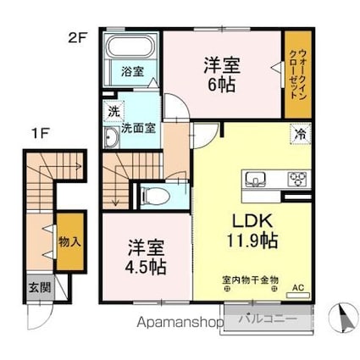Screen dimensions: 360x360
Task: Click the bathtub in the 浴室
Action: [x=130, y=47]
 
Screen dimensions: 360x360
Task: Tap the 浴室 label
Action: [x=132, y=71]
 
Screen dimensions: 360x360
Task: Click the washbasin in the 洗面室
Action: [x=111, y=137]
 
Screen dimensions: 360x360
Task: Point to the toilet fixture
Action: [x=155, y=196]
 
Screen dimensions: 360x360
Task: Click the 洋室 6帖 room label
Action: [x=222, y=75]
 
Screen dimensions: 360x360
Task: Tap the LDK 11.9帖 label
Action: [x=252, y=230]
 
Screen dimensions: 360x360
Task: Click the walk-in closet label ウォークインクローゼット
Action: [x=298, y=74]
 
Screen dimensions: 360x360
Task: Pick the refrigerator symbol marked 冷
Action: [x=301, y=134]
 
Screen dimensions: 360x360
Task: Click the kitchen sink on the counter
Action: [x=256, y=180]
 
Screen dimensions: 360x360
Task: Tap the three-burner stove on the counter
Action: [x=297, y=180]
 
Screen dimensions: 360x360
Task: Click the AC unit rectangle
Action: [x=298, y=296]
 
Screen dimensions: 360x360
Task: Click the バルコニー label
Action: [x=268, y=319]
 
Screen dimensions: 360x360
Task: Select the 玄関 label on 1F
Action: [x=40, y=287]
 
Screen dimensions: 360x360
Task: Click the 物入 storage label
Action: [x=69, y=241]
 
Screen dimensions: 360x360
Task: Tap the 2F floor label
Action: [x=78, y=37]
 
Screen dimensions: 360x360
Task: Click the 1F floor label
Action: [x=41, y=134]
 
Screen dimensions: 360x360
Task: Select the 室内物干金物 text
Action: [x=251, y=280]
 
